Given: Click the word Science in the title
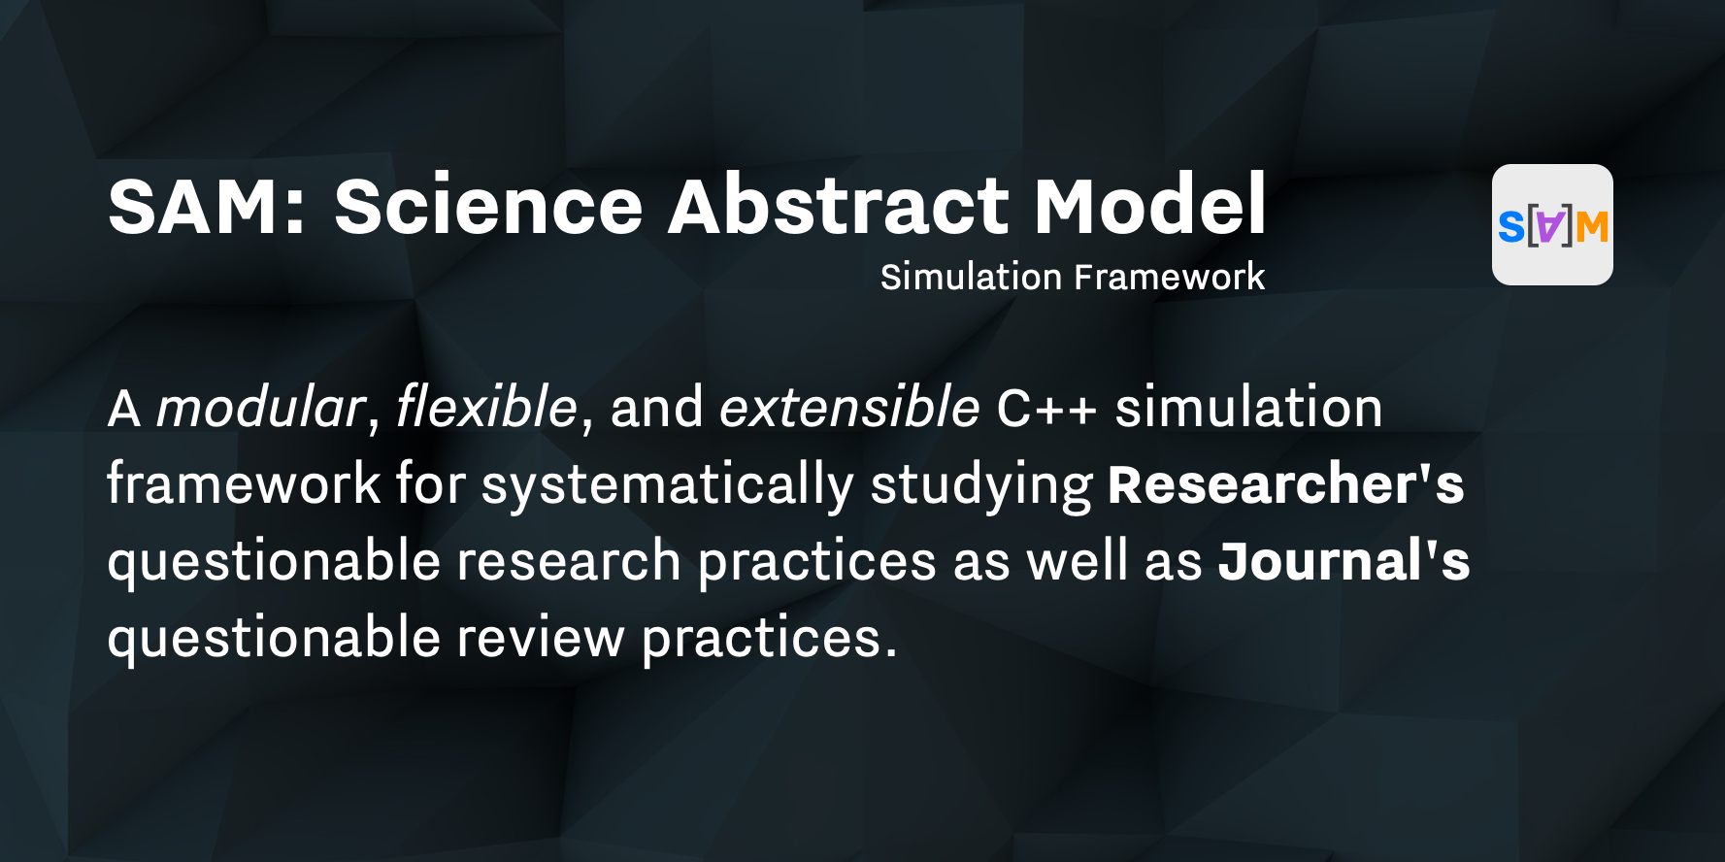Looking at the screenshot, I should coord(488,206).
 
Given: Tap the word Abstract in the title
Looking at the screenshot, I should coord(839,206).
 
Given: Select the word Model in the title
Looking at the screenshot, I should coord(1149,206).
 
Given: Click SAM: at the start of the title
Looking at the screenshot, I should coord(207,206).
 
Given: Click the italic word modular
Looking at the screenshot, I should coord(260,407).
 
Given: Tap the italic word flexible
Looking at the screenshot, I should coord(486,407).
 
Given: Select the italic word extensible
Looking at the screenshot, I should coord(848,407).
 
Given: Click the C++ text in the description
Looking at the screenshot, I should coord(1046,408).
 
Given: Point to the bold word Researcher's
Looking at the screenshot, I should coord(1285,484).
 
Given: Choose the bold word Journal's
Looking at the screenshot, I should coord(1344,561).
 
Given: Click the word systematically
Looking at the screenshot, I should coord(667,484).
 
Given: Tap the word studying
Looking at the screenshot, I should coord(980,484).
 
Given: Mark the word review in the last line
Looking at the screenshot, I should coord(540,639).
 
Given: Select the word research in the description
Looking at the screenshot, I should coord(568,561).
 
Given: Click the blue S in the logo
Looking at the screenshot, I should coord(1510,227).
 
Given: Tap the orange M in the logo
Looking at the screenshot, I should coord(1592,227).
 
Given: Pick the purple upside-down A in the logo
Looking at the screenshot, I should coord(1551,227).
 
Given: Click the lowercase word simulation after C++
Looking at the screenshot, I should coord(1248,407).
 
